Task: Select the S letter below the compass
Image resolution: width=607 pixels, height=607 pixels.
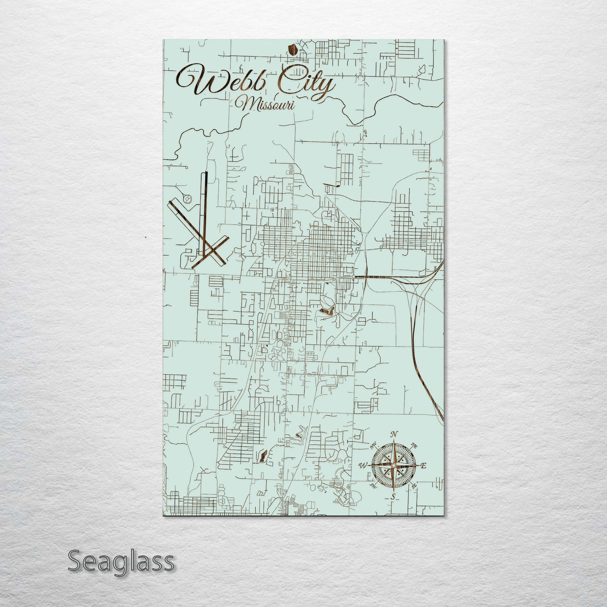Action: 393,497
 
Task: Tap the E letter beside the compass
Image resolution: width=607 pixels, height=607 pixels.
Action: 423,465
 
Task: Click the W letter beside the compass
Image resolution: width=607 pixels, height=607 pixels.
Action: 363,465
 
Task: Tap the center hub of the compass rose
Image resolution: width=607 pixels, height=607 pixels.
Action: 393,465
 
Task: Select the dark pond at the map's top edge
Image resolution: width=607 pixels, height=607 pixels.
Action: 293,50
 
